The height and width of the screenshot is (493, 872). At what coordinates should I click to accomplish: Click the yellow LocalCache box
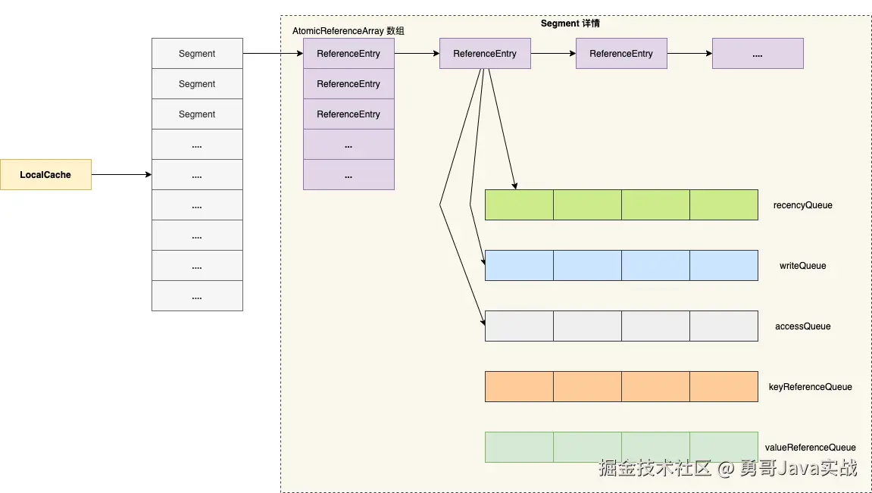click(x=45, y=174)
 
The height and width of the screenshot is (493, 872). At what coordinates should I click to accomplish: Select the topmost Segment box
click(x=198, y=53)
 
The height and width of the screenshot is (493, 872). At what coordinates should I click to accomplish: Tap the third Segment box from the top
click(x=198, y=114)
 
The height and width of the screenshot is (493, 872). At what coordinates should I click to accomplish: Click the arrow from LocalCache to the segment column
click(x=122, y=174)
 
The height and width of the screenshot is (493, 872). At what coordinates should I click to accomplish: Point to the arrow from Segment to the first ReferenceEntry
click(x=273, y=53)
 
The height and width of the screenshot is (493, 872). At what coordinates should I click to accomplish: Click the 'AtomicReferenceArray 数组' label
click(x=348, y=31)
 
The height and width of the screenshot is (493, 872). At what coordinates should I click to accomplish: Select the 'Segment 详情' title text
click(x=570, y=23)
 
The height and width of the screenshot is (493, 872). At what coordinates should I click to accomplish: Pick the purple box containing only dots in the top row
click(x=758, y=53)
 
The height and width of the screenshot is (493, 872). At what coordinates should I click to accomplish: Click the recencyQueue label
click(x=802, y=205)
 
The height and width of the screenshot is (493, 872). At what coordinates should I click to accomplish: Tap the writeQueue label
click(x=802, y=266)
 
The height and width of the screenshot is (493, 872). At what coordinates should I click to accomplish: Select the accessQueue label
click(x=802, y=326)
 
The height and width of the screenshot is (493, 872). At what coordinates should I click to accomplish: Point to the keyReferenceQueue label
click(x=811, y=387)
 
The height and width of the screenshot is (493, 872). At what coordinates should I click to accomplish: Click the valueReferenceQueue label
click(x=811, y=448)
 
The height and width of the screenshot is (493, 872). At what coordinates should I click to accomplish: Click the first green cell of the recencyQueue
click(x=520, y=204)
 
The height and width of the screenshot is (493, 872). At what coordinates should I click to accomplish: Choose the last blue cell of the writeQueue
click(x=724, y=265)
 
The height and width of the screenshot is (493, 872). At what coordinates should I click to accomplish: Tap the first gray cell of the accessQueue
click(x=520, y=326)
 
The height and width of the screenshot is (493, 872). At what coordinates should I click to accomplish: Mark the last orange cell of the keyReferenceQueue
click(x=724, y=386)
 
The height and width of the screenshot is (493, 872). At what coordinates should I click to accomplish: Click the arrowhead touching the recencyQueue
click(x=515, y=186)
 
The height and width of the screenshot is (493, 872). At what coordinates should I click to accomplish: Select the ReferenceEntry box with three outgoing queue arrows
click(x=485, y=53)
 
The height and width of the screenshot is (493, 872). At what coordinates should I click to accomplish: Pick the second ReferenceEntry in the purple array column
click(x=348, y=84)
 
